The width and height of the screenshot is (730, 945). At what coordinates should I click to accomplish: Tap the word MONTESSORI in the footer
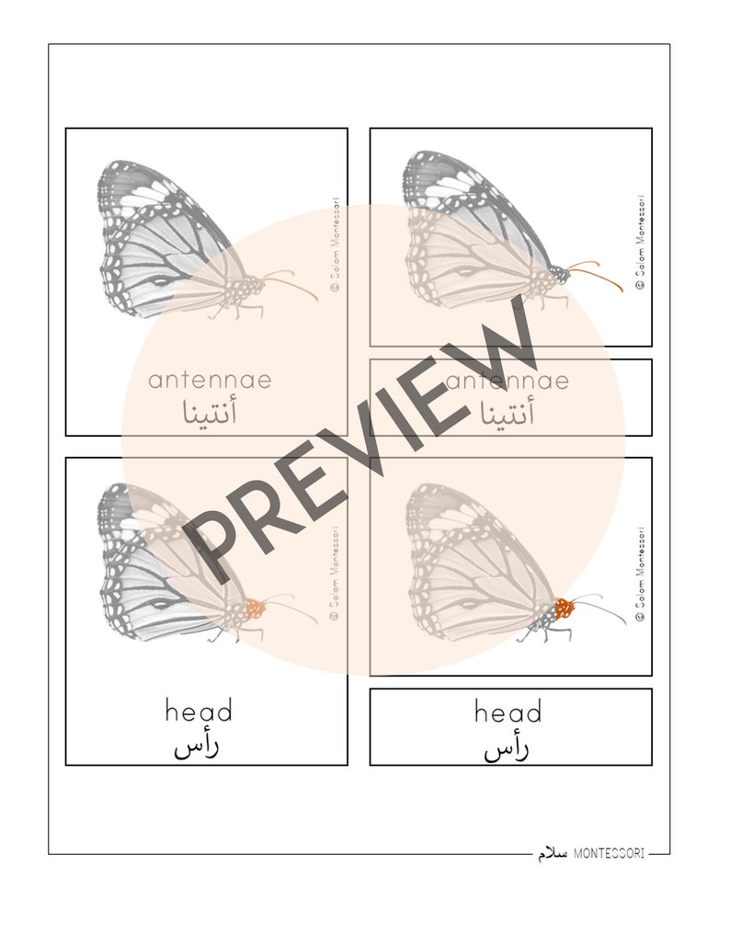coord(609,854)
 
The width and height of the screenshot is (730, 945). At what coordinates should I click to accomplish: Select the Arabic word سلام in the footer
coord(553,854)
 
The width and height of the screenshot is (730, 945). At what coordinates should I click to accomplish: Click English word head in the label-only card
coord(508,712)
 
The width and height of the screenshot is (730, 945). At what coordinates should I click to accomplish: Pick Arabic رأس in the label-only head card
coord(507,749)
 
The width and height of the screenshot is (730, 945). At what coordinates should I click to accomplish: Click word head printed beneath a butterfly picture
coord(199,711)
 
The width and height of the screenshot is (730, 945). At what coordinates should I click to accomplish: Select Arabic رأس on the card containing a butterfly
coord(197,746)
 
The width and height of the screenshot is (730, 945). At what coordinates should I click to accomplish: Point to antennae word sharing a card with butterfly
coord(210,380)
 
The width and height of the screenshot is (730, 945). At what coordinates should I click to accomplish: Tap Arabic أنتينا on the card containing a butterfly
coord(209,414)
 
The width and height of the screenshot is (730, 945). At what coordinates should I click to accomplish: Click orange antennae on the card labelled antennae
coord(292,281)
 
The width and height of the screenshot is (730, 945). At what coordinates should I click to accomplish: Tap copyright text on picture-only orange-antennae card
coord(641,243)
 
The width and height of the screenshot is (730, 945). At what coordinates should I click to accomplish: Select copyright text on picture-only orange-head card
coord(641,575)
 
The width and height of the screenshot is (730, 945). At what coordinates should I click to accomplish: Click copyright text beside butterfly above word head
coord(336,574)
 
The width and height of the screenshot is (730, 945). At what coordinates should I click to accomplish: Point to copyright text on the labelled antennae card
coord(336,243)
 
